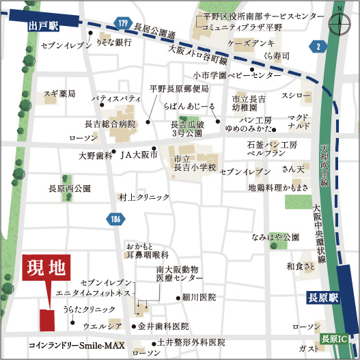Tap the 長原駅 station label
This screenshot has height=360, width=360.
point(319,298)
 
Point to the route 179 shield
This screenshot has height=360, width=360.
point(122,24)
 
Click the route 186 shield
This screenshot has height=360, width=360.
point(114,219)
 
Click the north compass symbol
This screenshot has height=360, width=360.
point(339,20)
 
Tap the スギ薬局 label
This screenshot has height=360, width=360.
point(59,94)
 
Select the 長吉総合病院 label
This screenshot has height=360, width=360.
point(111,124)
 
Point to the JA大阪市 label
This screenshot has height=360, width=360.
point(139,156)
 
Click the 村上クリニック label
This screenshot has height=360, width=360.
point(143,197)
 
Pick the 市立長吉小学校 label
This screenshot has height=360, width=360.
point(194,163)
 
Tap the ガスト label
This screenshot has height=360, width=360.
point(306,349)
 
